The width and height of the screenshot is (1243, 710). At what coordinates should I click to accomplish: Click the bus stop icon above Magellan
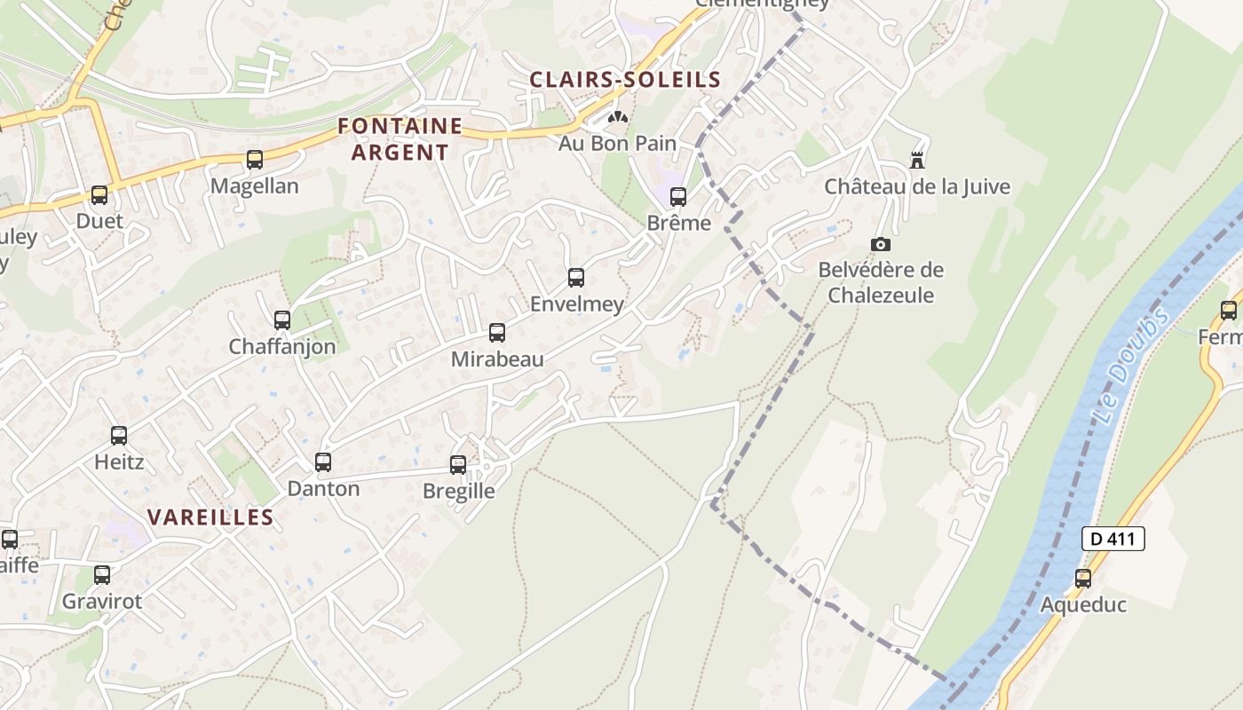[x=255, y=160]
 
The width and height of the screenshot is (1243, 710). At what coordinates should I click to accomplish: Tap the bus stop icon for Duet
[x=99, y=195]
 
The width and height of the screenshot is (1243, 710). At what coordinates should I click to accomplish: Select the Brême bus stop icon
[x=678, y=197]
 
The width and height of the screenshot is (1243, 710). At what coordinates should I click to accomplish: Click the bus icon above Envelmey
[x=576, y=278]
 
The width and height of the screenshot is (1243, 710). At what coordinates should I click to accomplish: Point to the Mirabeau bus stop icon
[x=497, y=333]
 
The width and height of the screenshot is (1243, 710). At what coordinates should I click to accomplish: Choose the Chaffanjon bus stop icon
[x=282, y=320]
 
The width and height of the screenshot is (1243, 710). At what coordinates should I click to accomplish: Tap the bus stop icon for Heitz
[x=119, y=436]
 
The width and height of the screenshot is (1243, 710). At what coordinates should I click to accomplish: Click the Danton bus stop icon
[x=323, y=462]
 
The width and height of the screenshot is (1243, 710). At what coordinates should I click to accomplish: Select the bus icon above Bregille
[x=458, y=464]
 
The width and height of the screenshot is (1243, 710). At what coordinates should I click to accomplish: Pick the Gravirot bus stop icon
[x=102, y=575]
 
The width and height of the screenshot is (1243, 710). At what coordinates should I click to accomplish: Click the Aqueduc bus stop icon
[x=1083, y=579]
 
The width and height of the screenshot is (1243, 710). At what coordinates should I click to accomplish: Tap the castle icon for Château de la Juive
[x=917, y=161]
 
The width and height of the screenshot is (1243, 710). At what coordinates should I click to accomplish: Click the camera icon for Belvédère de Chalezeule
[x=881, y=244]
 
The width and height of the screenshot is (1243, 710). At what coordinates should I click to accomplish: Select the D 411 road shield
[x=1113, y=539]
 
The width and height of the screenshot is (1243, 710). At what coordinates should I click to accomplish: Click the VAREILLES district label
[x=210, y=517]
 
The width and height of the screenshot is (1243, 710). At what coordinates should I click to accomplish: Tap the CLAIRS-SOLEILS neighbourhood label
[x=625, y=80]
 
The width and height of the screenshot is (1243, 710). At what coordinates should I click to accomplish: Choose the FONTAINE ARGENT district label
[x=400, y=139]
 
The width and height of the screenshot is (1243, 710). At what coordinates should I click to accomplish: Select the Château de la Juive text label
[x=917, y=187]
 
